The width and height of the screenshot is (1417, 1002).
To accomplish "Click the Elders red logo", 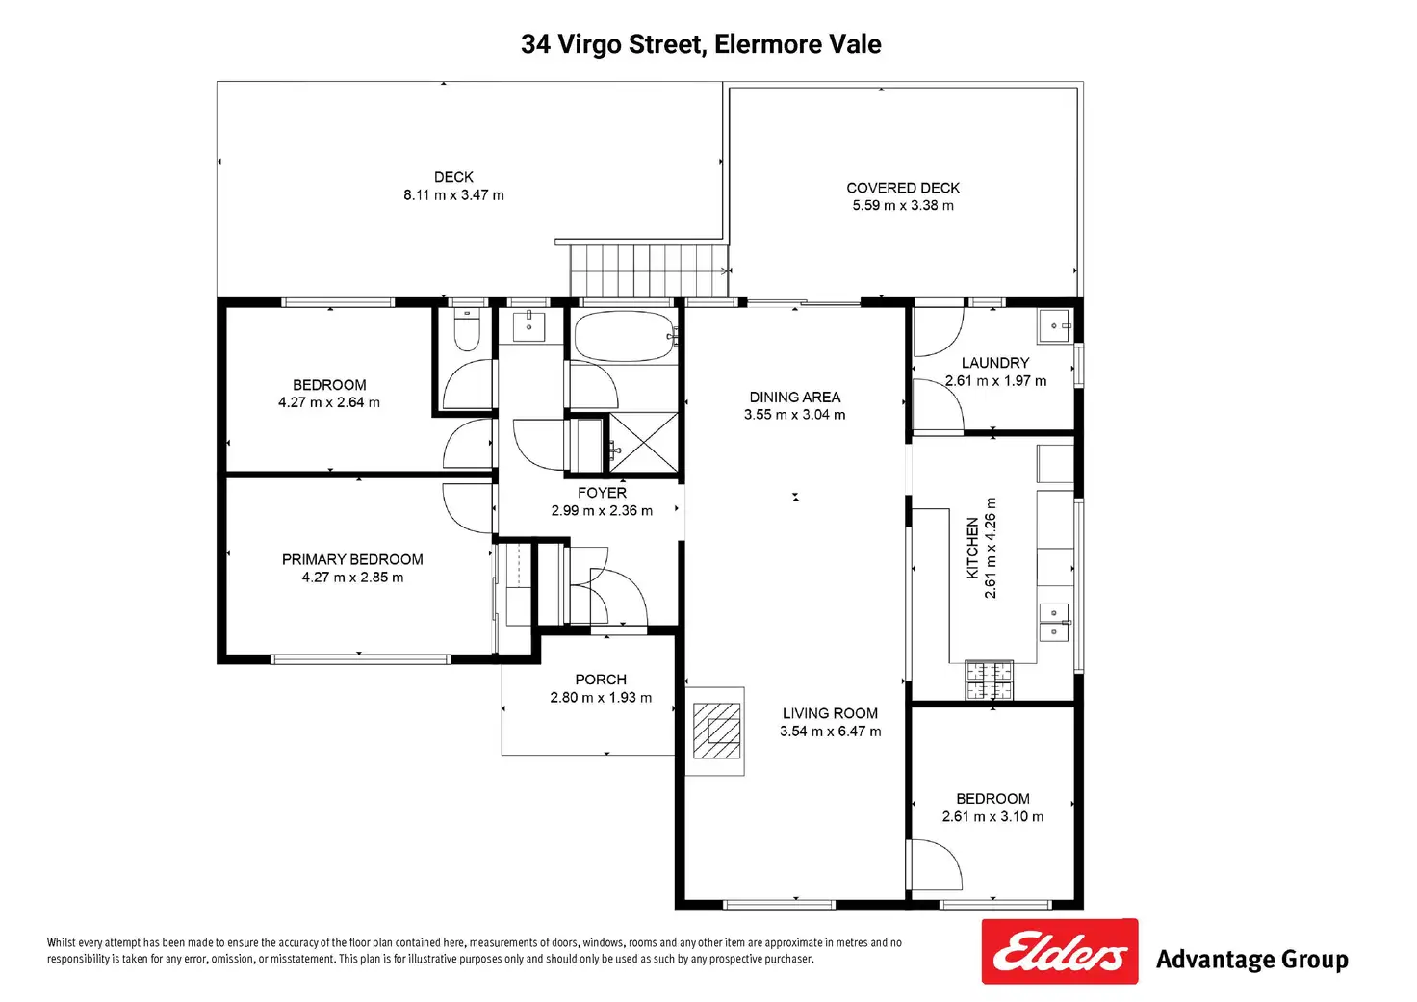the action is point(1060,951).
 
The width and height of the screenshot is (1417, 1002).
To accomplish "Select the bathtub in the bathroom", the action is point(625,336).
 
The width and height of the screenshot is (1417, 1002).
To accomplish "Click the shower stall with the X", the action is point(643,442).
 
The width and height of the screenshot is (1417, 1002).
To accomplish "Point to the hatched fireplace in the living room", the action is point(716,731).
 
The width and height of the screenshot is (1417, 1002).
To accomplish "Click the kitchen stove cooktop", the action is point(989,681).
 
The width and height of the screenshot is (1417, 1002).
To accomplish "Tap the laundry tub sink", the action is point(1055,325).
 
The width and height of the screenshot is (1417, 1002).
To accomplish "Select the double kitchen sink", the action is point(1054,623).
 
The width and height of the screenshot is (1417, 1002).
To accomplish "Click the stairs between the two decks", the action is point(649,270).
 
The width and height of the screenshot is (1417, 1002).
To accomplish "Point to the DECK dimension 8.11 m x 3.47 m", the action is point(453,195).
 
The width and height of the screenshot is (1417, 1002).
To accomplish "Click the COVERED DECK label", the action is point(903,188).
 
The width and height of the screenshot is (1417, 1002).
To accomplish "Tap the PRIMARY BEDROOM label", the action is point(352,559).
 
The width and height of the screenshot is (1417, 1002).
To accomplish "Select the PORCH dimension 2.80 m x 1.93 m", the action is point(601,697).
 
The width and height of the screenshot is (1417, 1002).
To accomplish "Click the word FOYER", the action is point(602,493).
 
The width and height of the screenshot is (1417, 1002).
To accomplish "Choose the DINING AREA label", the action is point(794,398).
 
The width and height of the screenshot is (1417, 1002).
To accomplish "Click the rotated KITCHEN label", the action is point(973,548).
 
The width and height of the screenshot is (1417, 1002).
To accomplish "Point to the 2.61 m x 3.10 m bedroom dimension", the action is point(992,816).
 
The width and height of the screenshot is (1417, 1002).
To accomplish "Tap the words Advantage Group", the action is point(1251,960).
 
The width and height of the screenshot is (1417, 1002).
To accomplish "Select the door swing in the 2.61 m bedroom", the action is point(938,865).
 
